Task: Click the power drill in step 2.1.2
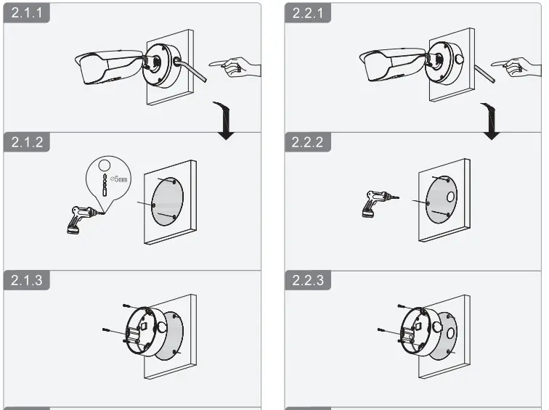pos(81,218)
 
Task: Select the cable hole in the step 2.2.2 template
pos(451,197)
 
